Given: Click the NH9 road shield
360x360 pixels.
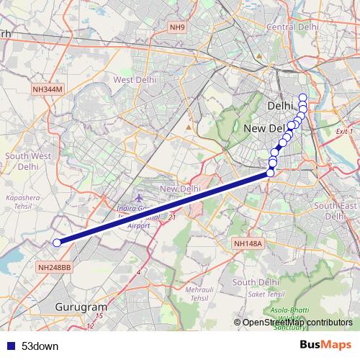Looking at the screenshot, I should point(177,27).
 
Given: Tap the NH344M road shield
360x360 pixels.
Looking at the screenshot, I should point(48,89).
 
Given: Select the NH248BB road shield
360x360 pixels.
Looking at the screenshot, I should point(54,267).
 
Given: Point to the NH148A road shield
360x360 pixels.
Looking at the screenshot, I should point(249,244).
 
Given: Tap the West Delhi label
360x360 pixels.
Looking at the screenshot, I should point(135,80).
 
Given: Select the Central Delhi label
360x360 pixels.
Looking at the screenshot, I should point(292,27).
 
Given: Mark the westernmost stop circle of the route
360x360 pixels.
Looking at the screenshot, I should point(57,243).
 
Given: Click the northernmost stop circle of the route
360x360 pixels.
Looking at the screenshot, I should point(302,98).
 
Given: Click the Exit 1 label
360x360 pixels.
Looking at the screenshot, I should point(345,132).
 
